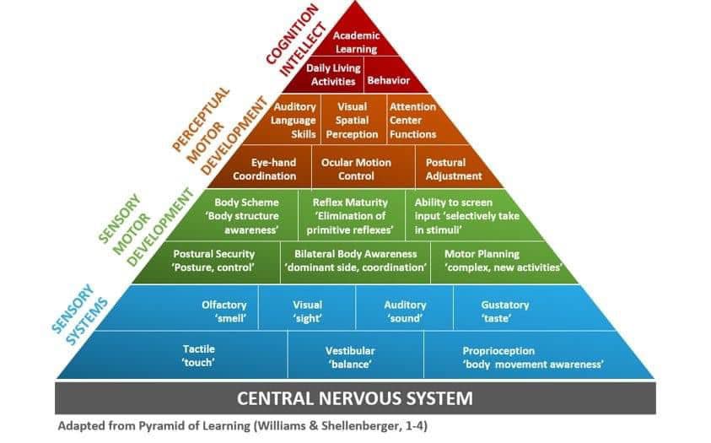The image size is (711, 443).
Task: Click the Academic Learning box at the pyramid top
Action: (x=356, y=42)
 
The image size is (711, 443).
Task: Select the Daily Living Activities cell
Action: (x=333, y=74)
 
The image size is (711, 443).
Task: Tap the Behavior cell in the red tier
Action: (x=388, y=80)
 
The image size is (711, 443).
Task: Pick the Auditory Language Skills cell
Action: (x=294, y=120)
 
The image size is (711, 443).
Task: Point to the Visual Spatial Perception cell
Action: (x=352, y=120)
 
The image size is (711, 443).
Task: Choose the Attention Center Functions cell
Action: (x=412, y=120)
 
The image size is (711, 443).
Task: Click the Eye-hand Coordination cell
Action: (x=264, y=169)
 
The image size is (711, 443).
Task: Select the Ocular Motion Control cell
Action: (x=356, y=169)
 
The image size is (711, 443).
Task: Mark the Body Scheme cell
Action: (x=245, y=216)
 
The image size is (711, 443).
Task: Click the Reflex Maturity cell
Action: (x=349, y=216)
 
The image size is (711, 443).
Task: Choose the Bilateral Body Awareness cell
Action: (x=355, y=260)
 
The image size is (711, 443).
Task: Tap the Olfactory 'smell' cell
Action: (x=224, y=311)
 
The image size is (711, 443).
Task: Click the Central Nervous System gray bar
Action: (x=354, y=397)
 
